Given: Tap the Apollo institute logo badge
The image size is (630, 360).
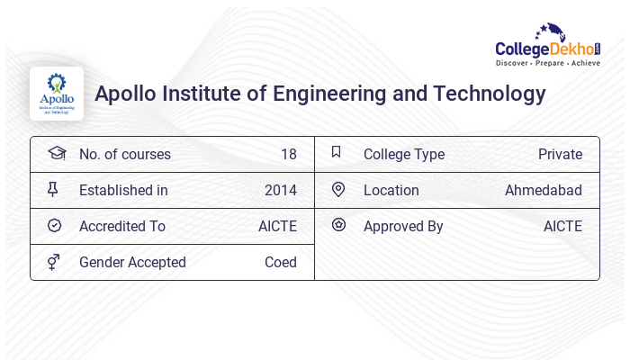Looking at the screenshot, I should pyautogui.click(x=56, y=94).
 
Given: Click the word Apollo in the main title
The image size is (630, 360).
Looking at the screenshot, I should pyautogui.click(x=126, y=94).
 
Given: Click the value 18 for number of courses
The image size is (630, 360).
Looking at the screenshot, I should pyautogui.click(x=288, y=154).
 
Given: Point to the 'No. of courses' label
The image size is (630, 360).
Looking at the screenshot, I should pyautogui.click(x=124, y=154).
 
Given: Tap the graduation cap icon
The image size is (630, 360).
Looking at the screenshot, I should pyautogui.click(x=56, y=153).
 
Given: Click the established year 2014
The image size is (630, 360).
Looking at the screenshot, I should pyautogui.click(x=280, y=190).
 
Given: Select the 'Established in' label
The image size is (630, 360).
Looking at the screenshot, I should pyautogui.click(x=123, y=190).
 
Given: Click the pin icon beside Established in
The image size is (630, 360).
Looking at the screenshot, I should pyautogui.click(x=53, y=189).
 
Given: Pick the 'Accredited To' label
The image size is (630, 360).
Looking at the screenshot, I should pyautogui.click(x=122, y=226).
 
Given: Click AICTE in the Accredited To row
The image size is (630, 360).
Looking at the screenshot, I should pyautogui.click(x=277, y=226).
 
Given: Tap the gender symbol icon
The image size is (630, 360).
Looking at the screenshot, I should pyautogui.click(x=53, y=262).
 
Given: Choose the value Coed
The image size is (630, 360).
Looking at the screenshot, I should pyautogui.click(x=280, y=262).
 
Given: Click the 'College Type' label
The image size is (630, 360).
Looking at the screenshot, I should pyautogui.click(x=403, y=154).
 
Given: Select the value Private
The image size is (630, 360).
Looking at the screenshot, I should pyautogui.click(x=560, y=154).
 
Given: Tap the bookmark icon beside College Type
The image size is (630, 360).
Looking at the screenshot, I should pyautogui.click(x=337, y=152).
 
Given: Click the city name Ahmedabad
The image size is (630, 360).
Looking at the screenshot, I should pyautogui.click(x=543, y=190).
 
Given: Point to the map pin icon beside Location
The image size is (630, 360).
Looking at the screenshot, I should pyautogui.click(x=338, y=189).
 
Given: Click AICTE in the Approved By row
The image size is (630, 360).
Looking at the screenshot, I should pyautogui.click(x=562, y=226).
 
